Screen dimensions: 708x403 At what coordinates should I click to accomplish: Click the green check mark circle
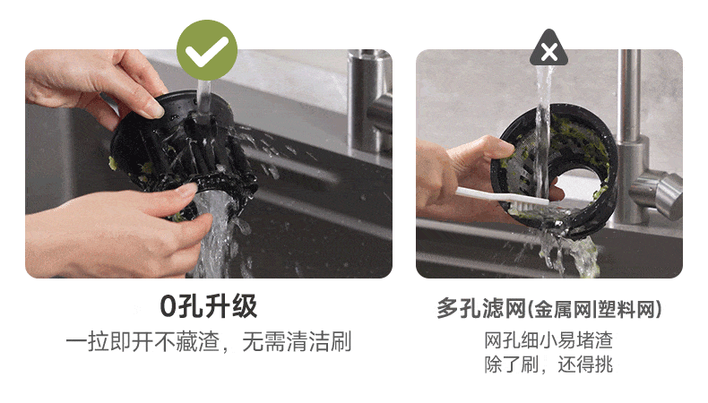click(207, 49)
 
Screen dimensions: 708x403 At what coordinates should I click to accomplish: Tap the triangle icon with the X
click(548, 48)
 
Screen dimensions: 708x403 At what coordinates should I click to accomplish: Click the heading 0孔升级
click(209, 306)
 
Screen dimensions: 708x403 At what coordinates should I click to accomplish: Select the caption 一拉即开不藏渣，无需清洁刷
click(209, 341)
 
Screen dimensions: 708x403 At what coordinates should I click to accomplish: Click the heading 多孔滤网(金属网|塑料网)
click(549, 309)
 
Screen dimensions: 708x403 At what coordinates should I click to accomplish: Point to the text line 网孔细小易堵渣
click(548, 340)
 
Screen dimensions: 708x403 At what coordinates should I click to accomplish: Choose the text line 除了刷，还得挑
click(548, 364)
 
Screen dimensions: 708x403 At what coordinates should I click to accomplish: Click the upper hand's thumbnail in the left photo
click(154, 108)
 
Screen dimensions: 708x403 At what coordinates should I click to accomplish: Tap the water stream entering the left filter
click(203, 99)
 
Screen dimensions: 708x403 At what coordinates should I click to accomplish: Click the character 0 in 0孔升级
click(168, 307)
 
